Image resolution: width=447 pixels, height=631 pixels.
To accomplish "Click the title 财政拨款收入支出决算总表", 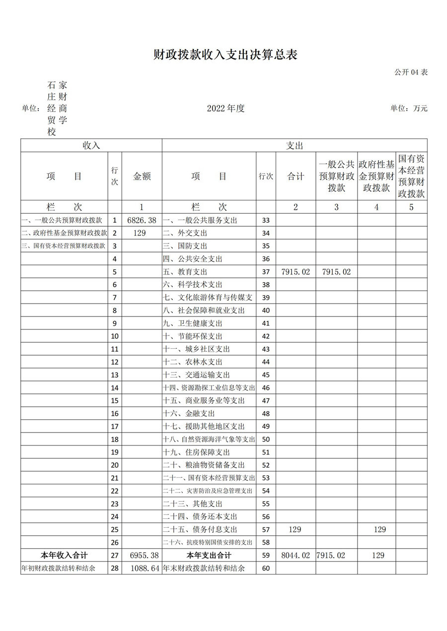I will click(x=225, y=55).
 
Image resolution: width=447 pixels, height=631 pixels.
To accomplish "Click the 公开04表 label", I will click(x=411, y=72).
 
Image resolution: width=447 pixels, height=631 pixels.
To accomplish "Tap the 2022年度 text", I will click(x=226, y=108).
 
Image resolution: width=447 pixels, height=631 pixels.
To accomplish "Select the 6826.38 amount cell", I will click(x=142, y=220).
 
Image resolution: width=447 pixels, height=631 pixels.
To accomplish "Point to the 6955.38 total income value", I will click(x=142, y=555).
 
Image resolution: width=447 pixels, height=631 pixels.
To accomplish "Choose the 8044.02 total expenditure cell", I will click(x=295, y=555).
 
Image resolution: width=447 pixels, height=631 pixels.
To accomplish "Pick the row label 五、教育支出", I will click(x=185, y=272).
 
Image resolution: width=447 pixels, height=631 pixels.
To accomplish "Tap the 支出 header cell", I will click(x=295, y=145).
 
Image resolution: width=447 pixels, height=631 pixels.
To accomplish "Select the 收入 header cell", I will click(x=91, y=145).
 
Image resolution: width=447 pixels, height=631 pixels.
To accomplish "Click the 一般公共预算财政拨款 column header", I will click(x=336, y=176).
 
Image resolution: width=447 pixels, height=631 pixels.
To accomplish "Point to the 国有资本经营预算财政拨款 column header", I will click(x=411, y=176).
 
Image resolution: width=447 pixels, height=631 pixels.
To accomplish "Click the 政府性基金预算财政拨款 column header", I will click(x=376, y=176).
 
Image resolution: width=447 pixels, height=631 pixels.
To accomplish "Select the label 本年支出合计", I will click(x=209, y=555).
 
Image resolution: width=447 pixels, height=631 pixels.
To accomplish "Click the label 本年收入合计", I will click(x=64, y=555).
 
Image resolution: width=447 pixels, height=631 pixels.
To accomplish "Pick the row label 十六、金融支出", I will click(x=189, y=413).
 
